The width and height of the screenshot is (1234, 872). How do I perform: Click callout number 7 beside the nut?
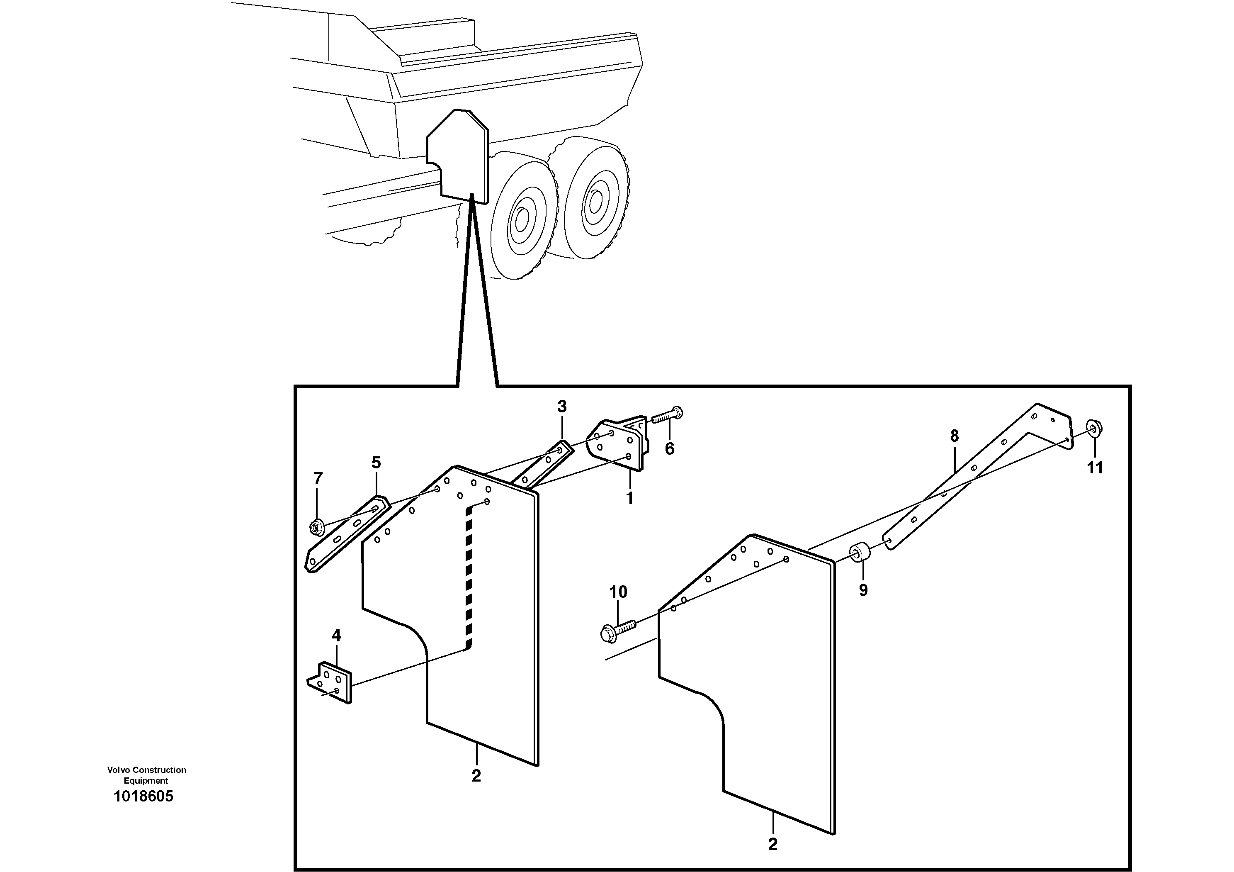point(318,477)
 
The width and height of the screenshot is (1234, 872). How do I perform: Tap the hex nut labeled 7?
point(316,527)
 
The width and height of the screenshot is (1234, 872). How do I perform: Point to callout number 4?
point(336,636)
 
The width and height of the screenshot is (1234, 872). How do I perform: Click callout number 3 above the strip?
point(561,407)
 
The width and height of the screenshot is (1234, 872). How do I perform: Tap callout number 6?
point(669,448)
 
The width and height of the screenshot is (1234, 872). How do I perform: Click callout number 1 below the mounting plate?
point(629,498)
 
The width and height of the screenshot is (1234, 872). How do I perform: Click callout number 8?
point(954,436)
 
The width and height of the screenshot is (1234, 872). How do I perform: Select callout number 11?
point(1095,468)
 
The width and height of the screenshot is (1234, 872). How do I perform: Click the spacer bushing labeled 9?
point(858,552)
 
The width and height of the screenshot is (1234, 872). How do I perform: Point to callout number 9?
point(862,590)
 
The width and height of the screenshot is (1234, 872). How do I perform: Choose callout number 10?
point(618,592)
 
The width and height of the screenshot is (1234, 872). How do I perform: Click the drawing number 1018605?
point(143,796)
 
